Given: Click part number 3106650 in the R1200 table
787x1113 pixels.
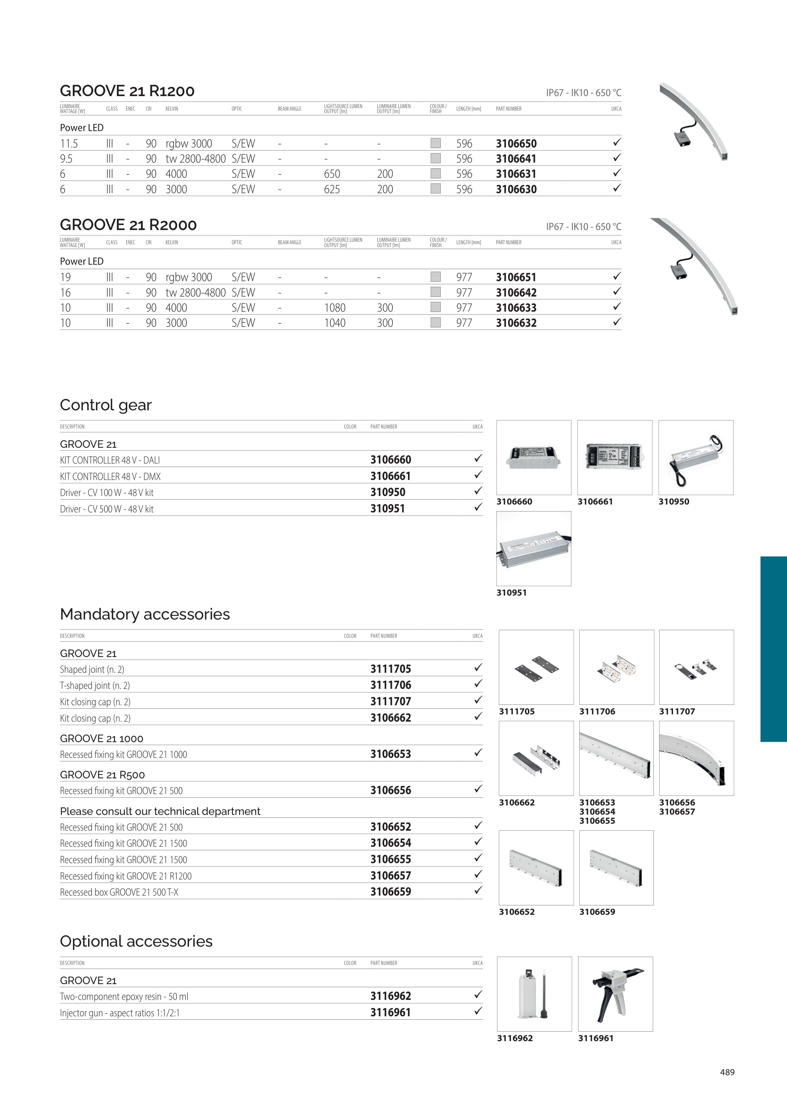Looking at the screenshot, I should pyautogui.click(x=516, y=143).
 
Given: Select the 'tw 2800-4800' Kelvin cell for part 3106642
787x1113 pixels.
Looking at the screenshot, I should pyautogui.click(x=195, y=292).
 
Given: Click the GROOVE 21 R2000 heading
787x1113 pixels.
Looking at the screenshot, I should pyautogui.click(x=128, y=225).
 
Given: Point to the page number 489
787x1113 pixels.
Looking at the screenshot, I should pyautogui.click(x=727, y=1072).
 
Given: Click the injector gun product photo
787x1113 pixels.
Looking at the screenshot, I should pyautogui.click(x=615, y=994).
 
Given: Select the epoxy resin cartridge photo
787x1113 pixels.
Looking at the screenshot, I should pyautogui.click(x=534, y=994).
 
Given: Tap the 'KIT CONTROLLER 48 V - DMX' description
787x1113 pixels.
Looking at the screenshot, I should pyautogui.click(x=110, y=476).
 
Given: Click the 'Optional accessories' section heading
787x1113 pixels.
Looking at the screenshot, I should pyautogui.click(x=136, y=941).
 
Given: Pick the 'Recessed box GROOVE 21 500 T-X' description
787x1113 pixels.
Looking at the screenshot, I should pyautogui.click(x=119, y=892).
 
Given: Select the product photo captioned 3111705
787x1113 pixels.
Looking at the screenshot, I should pyautogui.click(x=536, y=667).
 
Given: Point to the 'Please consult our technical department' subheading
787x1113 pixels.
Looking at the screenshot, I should pyautogui.click(x=160, y=811).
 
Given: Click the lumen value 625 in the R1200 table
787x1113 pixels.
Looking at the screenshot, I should pyautogui.click(x=332, y=189).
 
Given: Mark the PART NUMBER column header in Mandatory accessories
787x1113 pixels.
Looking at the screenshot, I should pyautogui.click(x=383, y=636).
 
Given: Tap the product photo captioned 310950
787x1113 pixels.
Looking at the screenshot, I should pyautogui.click(x=695, y=457).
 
